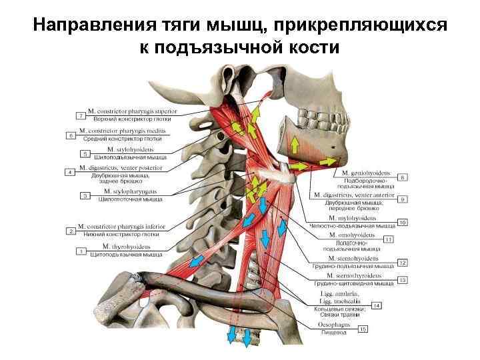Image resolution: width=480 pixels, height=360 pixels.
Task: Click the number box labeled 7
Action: coord(82,116)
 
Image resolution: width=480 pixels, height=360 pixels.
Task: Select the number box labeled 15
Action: coord(363,329)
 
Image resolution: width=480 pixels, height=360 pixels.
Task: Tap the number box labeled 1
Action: coord(82,251)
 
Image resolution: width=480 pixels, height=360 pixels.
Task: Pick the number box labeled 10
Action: coord(402,221)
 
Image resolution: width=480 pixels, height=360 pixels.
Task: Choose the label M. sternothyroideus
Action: coord(354,275)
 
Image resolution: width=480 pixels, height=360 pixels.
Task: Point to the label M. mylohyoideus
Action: coord(352,218)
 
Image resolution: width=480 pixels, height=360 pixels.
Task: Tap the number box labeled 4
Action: coord(69,172)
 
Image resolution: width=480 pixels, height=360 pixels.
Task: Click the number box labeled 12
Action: coord(402,263)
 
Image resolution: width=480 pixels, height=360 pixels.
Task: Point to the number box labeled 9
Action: coord(402,199)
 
